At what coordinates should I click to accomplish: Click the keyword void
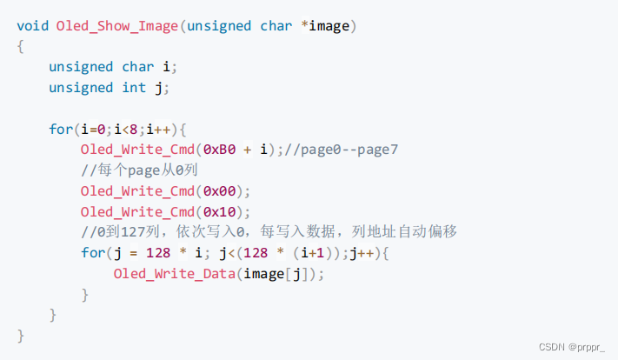32,25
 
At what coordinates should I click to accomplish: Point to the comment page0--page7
347,150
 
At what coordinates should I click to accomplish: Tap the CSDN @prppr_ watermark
571,345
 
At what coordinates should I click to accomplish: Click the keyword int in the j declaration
133,88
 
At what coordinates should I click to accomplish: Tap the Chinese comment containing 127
269,232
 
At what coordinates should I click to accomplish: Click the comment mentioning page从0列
139,170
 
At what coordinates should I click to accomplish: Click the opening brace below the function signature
20,46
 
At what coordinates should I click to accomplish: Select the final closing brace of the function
20,335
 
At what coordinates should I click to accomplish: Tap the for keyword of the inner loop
91,253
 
